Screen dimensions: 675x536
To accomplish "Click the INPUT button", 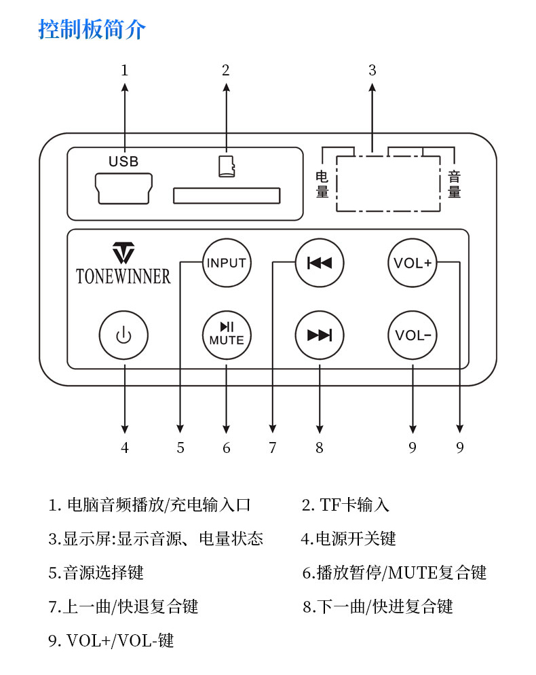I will pos(227,263).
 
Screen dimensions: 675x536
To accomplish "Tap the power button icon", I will pos(123,335).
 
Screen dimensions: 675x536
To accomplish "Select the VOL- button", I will pos(413,335).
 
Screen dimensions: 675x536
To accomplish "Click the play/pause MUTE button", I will pos(227,335).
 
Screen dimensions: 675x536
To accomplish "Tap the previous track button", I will pos(320,263).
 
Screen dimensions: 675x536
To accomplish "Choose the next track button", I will pos(320,335).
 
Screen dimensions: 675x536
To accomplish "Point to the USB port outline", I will pos(123,188).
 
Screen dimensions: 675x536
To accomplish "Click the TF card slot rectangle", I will pos(227,196).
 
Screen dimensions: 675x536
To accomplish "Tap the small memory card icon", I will pos(227,166).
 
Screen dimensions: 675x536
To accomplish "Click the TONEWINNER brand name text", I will pos(123,276).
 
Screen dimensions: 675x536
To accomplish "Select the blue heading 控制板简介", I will pos(92,30).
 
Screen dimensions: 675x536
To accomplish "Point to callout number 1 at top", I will pos(124,70).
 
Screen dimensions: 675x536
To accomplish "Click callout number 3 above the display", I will pos(372,70).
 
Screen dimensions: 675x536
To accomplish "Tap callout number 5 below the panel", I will pos(180,448).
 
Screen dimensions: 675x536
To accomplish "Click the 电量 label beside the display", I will pos(322,185).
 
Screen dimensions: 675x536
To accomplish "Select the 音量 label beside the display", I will pos(454,185).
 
